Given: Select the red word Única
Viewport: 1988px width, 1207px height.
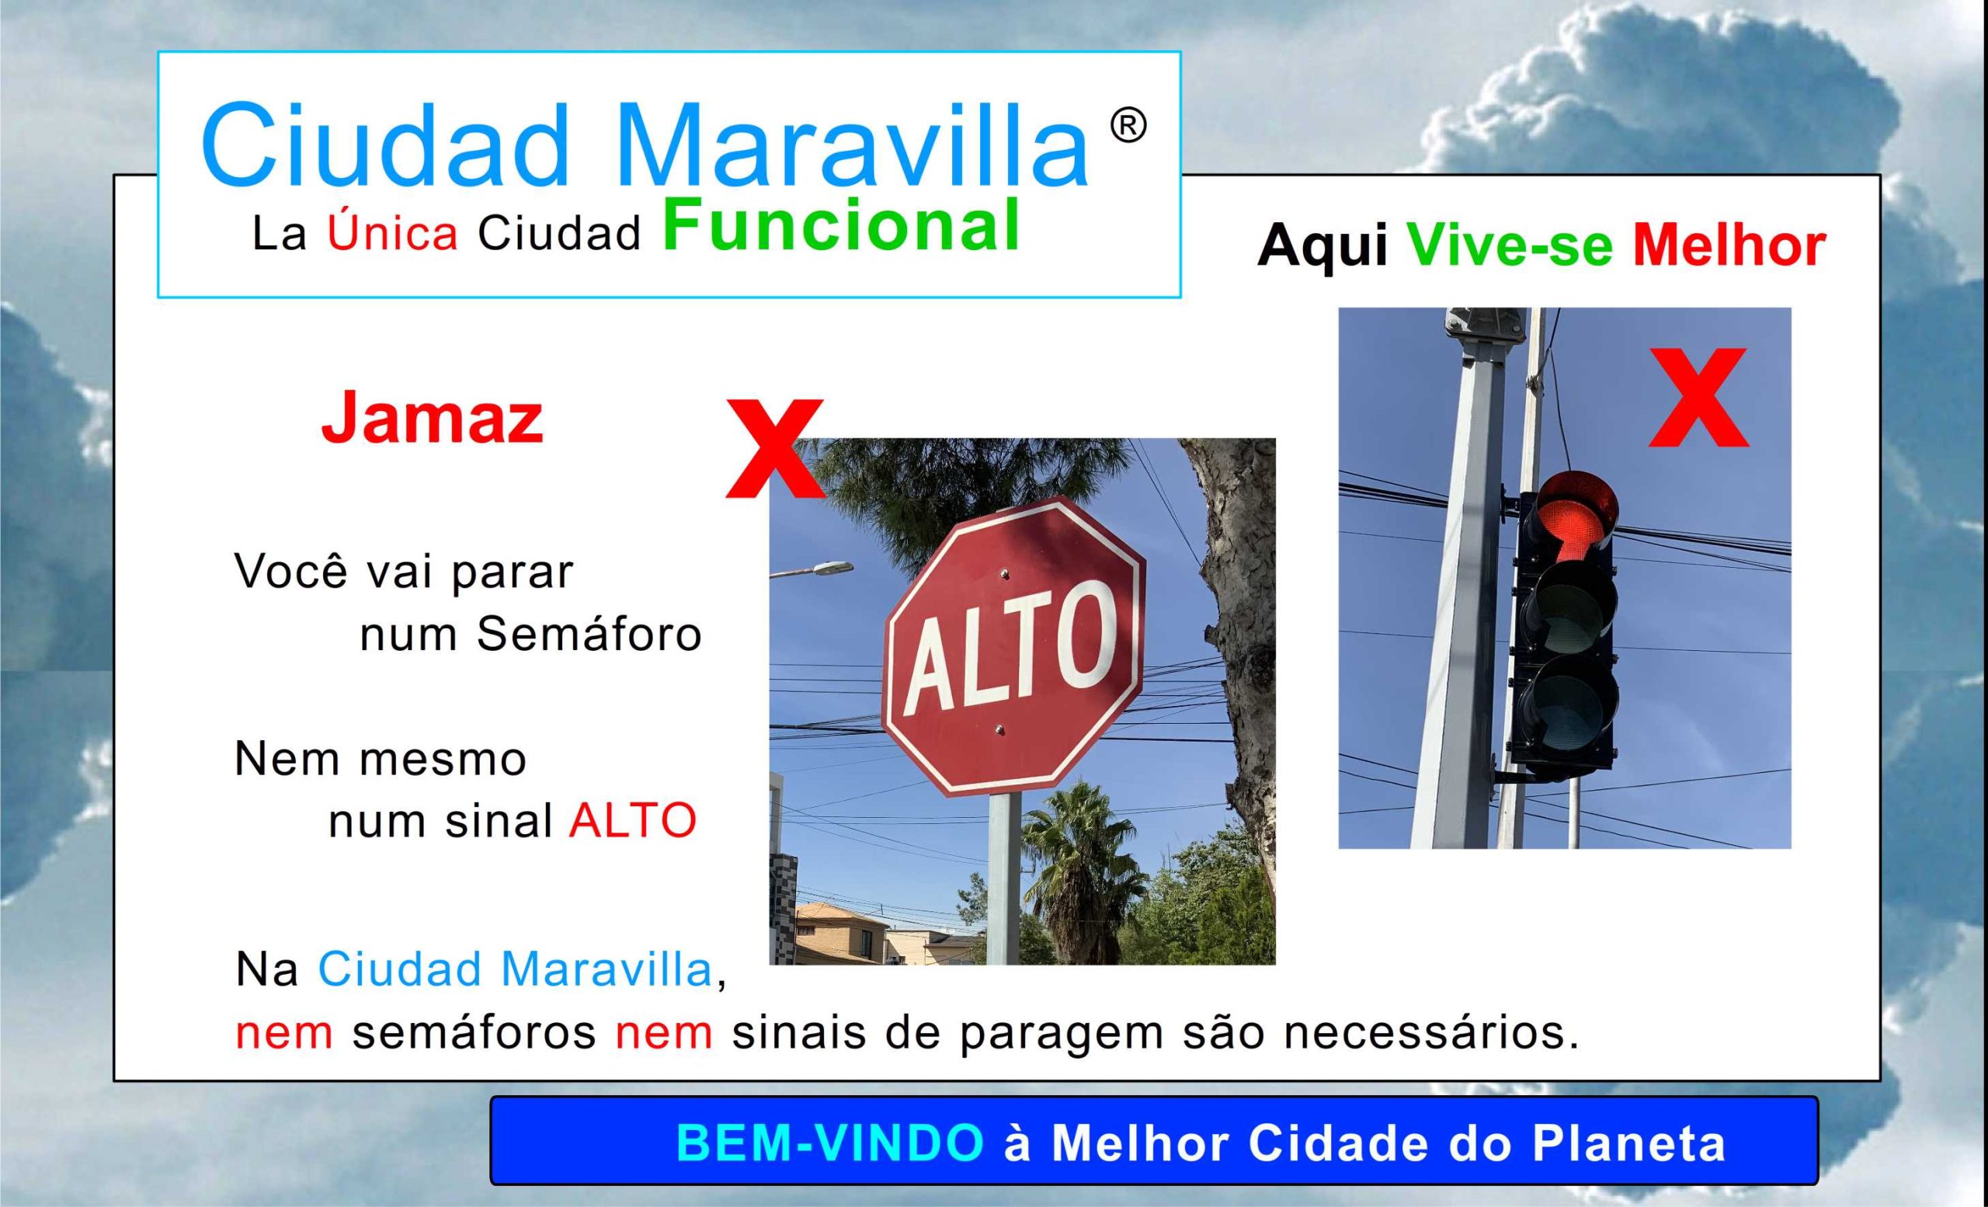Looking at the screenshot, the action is click(x=392, y=234).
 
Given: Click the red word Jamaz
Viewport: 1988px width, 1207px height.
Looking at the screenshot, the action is click(x=433, y=419).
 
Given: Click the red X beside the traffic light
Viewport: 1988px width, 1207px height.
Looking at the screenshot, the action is click(x=1698, y=397).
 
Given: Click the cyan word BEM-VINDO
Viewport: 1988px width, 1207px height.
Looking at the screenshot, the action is click(x=829, y=1143).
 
